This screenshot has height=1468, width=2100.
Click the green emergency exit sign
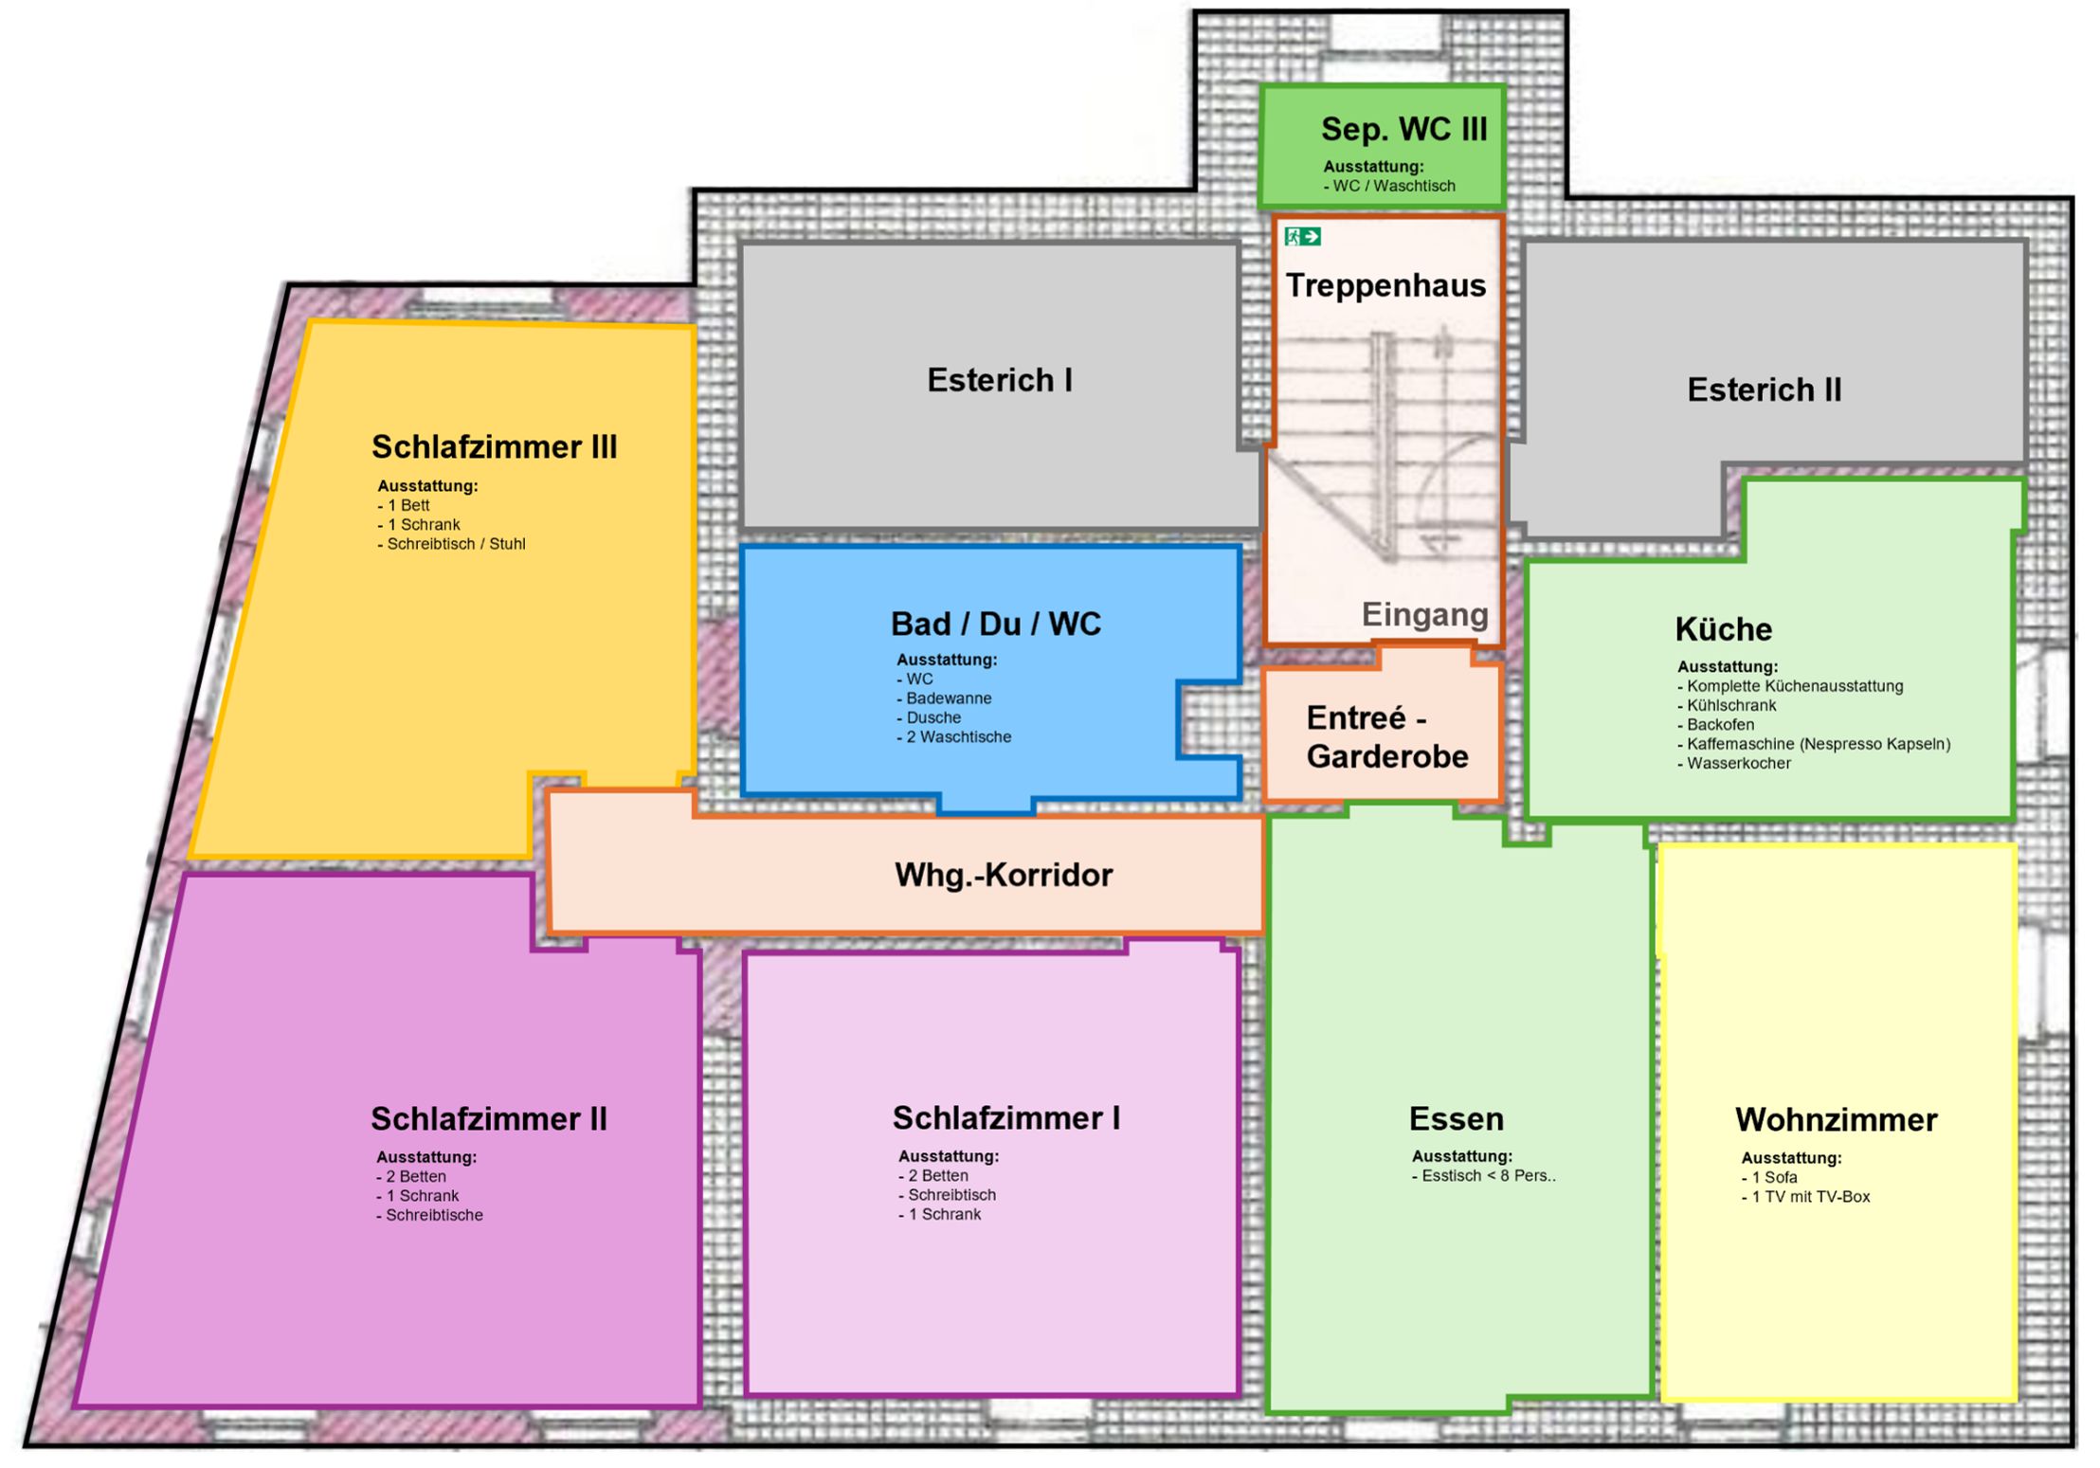pyautogui.click(x=1302, y=236)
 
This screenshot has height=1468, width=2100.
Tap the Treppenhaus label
pyautogui.click(x=1385, y=285)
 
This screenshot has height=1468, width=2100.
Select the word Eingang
pyautogui.click(x=1425, y=615)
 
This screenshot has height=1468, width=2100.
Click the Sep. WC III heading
pyautogui.click(x=1404, y=129)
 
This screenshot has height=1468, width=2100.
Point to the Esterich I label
pyautogui.click(x=1000, y=380)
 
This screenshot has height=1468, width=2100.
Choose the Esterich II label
pyautogui.click(x=1765, y=390)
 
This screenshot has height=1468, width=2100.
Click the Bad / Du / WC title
pyautogui.click(x=996, y=624)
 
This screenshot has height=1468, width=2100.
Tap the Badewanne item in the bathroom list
pyautogui.click(x=945, y=698)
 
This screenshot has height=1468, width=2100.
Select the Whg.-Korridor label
pyautogui.click(x=1004, y=875)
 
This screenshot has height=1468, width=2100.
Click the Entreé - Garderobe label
pyautogui.click(x=1386, y=737)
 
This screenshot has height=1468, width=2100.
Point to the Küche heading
pyautogui.click(x=1723, y=628)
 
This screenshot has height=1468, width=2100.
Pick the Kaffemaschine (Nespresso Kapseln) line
pyautogui.click(x=1814, y=744)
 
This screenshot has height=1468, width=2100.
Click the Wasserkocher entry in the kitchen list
pyautogui.click(x=1734, y=763)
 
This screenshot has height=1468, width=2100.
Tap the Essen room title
pyautogui.click(x=1457, y=1119)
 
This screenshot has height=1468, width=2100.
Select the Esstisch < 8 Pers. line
pyautogui.click(x=1484, y=1176)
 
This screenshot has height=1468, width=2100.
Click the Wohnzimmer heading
pyautogui.click(x=1837, y=1120)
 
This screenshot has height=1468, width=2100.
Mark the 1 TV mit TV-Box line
pyautogui.click(x=1806, y=1197)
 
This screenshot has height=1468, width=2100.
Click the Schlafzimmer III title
pyautogui.click(x=494, y=446)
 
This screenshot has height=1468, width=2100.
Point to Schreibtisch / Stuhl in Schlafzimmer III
pyautogui.click(x=452, y=544)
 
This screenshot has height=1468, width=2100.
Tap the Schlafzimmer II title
pyautogui.click(x=489, y=1118)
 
